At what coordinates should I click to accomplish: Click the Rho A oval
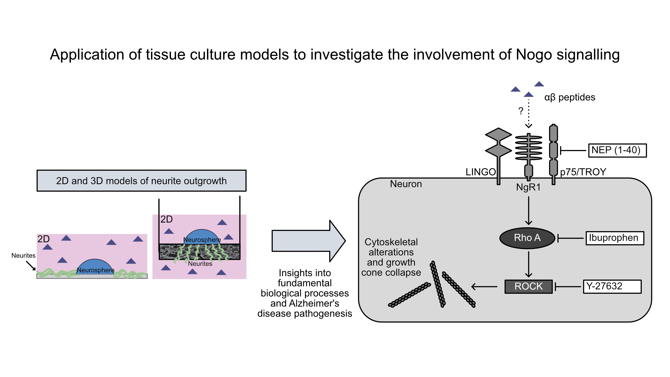point(527,238)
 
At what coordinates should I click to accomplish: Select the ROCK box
point(528,286)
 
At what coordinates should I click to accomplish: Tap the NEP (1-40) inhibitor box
point(617,150)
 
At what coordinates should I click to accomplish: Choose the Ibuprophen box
point(615,238)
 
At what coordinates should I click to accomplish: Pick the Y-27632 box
point(612,286)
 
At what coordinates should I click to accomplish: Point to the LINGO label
point(481,172)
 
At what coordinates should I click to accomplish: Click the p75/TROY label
point(583,172)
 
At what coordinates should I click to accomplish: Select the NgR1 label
point(528,187)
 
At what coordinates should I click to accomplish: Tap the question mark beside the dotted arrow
point(521,111)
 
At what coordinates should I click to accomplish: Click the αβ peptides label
point(569,97)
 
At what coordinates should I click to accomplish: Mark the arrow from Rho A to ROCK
point(529,264)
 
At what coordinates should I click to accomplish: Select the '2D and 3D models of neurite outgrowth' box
point(141,181)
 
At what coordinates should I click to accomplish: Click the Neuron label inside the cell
point(406,184)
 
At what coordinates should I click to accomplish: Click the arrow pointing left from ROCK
point(484,287)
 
